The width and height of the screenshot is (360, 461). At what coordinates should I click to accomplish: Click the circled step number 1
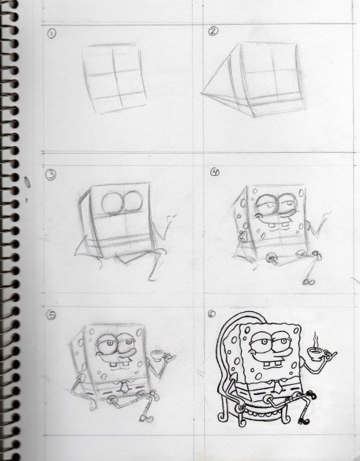point(51,34)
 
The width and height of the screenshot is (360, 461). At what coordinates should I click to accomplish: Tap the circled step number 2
point(213,31)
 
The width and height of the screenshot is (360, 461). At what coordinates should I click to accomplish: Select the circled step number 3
point(51,174)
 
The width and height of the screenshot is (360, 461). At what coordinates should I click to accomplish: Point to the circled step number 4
point(215,172)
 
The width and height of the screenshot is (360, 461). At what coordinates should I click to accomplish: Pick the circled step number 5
point(51,315)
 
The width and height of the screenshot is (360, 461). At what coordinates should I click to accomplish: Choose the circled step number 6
point(211,314)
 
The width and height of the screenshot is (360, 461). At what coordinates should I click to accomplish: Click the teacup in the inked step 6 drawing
point(315,353)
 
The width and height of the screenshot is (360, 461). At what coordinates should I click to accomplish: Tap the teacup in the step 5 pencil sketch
point(157,356)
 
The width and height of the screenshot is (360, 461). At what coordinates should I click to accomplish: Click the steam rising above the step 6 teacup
point(315,339)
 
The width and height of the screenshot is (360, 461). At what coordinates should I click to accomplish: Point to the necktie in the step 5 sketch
point(124,387)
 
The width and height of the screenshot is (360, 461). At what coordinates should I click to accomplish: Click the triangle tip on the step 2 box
point(202,93)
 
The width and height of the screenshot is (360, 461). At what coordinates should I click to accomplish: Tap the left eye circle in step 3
point(112,203)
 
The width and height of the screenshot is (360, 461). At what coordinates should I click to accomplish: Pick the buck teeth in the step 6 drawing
point(273,364)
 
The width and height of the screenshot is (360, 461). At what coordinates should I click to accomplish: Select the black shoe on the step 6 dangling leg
point(304,421)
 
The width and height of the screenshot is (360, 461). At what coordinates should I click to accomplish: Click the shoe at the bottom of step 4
point(309,282)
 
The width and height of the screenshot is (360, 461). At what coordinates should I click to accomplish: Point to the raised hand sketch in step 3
point(171,218)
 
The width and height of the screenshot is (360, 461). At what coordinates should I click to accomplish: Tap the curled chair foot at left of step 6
point(223,416)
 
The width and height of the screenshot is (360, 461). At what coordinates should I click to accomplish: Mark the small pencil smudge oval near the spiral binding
point(28,182)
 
